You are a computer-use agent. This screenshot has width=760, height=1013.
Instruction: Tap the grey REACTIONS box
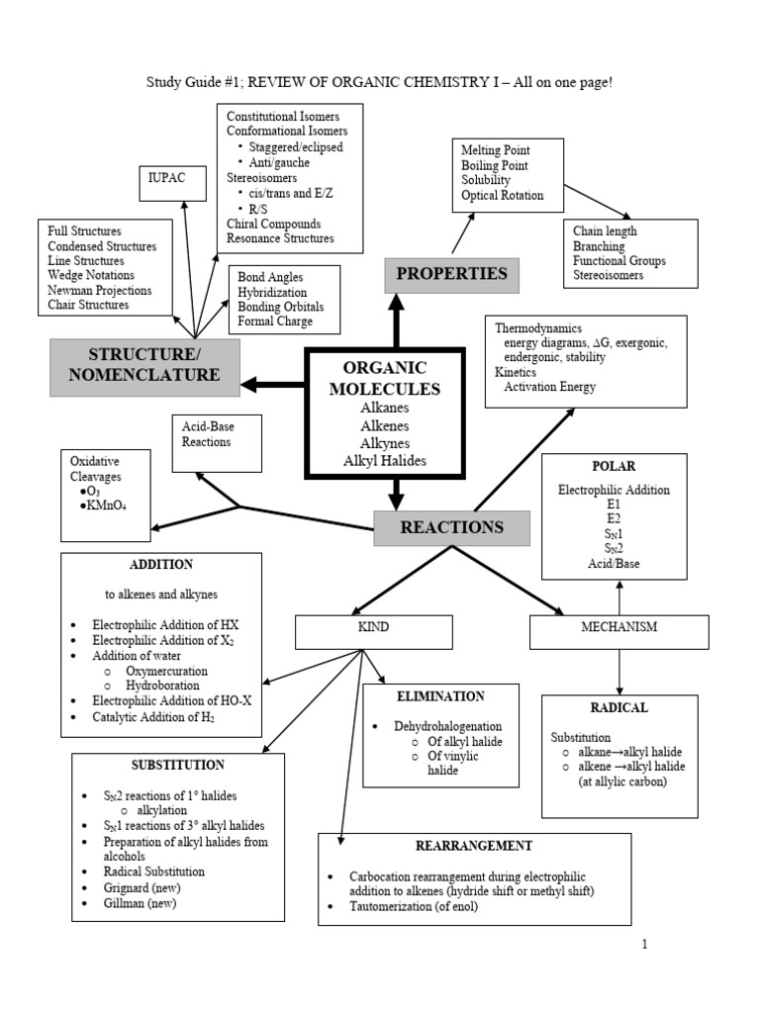(451, 527)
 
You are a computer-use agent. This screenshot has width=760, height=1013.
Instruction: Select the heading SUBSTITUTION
(178, 765)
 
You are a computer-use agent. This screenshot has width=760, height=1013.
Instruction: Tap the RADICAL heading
(618, 707)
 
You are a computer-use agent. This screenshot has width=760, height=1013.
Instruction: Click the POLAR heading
(614, 466)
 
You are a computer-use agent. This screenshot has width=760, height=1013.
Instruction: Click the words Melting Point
(495, 150)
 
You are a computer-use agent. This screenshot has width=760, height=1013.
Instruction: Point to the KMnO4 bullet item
(103, 506)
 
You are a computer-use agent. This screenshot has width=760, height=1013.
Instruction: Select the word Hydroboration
(162, 685)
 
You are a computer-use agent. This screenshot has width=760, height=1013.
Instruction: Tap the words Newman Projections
(99, 290)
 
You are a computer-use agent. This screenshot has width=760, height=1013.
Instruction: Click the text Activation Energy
(550, 387)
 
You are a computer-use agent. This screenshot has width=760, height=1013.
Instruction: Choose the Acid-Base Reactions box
(216, 441)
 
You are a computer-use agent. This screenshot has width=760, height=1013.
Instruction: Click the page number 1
(643, 945)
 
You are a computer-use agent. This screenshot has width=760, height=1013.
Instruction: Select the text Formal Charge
(275, 322)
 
